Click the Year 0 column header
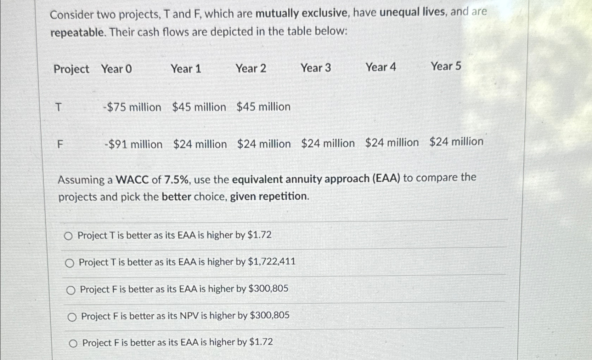(x=116, y=69)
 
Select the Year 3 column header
(x=315, y=68)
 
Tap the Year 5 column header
(x=446, y=66)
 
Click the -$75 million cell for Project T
(x=132, y=107)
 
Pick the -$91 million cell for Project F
(x=133, y=144)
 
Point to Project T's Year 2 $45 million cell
(x=263, y=107)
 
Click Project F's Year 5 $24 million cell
(x=456, y=142)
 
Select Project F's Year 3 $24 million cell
(x=328, y=143)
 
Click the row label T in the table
(x=58, y=107)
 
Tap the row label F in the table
(x=60, y=144)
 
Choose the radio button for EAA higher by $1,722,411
(x=70, y=263)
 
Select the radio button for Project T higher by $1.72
(x=68, y=236)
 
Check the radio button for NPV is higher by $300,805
(x=72, y=317)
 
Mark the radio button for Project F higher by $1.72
(x=73, y=343)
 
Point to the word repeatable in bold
(x=78, y=33)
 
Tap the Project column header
(x=71, y=69)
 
